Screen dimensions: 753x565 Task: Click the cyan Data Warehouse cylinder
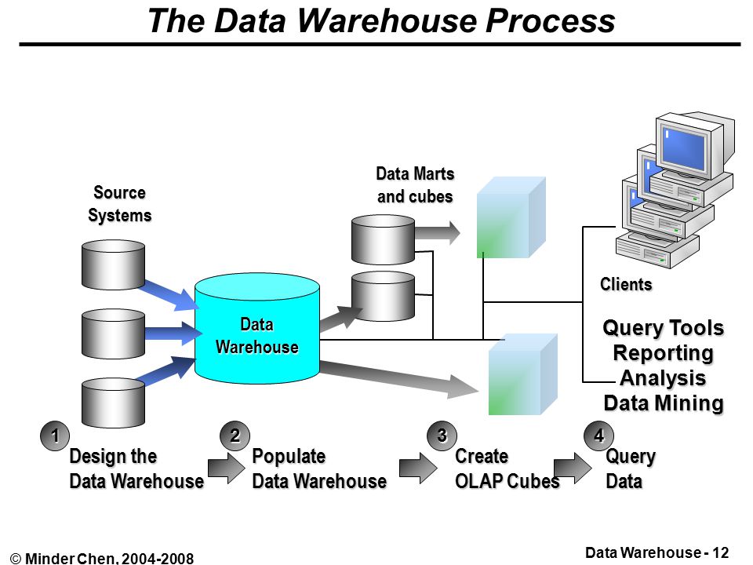[x=257, y=329]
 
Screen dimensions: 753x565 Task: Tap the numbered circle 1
[x=55, y=436]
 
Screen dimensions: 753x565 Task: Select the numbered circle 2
[x=235, y=436]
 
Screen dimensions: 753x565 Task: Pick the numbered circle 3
[x=442, y=436]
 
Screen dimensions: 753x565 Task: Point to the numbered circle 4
[x=598, y=436]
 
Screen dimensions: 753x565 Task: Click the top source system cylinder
[x=113, y=264]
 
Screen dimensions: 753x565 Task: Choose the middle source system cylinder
[x=113, y=334]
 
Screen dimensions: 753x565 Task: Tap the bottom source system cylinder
[x=113, y=403]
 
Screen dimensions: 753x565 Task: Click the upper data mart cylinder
[x=383, y=239]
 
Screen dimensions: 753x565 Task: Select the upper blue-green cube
[x=511, y=217]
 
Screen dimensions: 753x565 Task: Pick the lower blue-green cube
[x=523, y=374]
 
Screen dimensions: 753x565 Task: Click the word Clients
[x=626, y=284]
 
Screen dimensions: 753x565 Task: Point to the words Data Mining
[x=664, y=403]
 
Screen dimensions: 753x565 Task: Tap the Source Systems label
[x=119, y=204]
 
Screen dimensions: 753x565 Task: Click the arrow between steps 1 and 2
[x=226, y=468]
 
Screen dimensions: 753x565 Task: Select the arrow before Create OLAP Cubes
[x=418, y=468]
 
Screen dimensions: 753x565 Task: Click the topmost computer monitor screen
[x=684, y=148]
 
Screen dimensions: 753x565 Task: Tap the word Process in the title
[x=551, y=20]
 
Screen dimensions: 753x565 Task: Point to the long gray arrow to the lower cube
[x=399, y=379]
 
